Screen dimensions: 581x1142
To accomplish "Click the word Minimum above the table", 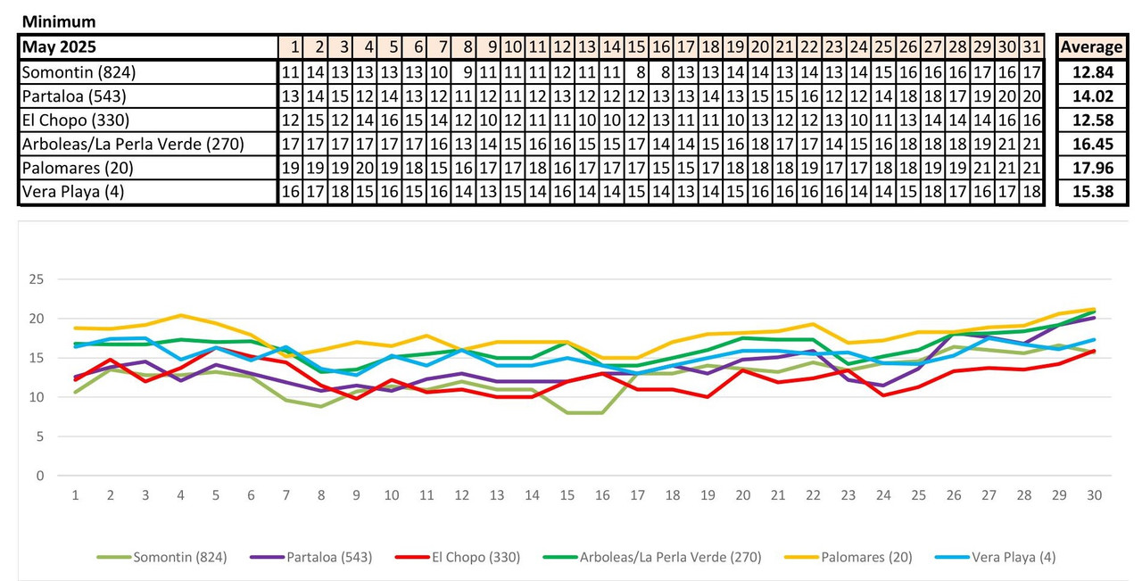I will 59,21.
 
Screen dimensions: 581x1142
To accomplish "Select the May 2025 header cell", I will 59,47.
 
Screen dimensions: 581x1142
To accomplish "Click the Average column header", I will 1090,47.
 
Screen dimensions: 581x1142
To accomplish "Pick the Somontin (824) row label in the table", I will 79,72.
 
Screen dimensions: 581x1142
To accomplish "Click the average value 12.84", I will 1090,72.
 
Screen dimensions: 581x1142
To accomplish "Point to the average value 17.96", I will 1090,168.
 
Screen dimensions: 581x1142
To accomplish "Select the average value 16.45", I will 1090,144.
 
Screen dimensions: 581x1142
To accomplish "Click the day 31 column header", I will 1031,47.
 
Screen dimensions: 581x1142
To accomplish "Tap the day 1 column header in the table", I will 292,47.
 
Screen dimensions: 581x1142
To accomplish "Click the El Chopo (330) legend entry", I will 476,557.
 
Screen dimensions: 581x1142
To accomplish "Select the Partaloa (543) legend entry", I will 329,557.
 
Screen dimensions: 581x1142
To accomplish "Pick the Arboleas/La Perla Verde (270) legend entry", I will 670,557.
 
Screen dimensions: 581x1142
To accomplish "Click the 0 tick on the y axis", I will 39,476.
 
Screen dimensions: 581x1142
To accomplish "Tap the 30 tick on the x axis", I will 1094,495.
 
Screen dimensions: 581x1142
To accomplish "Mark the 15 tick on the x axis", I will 567,495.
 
